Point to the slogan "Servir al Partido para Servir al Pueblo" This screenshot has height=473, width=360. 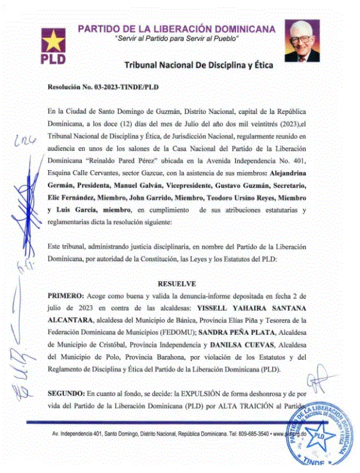(178, 39)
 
